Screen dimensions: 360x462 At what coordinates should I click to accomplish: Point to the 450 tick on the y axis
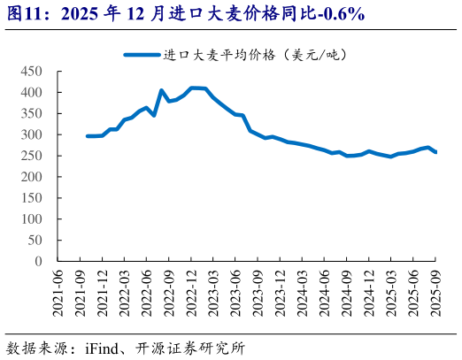tap(32, 71)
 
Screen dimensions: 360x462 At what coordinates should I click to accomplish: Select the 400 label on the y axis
tap(32, 92)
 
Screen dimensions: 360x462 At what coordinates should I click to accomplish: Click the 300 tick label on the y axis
tap(32, 134)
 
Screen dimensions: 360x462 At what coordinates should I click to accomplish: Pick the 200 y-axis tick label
tap(32, 177)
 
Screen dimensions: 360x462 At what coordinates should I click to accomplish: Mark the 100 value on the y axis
tap(32, 219)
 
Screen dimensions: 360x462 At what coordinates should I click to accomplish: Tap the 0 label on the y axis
tap(39, 262)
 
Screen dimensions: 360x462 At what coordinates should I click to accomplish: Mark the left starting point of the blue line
tap(87, 136)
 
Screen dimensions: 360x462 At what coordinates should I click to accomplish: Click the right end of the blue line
tap(435, 152)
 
